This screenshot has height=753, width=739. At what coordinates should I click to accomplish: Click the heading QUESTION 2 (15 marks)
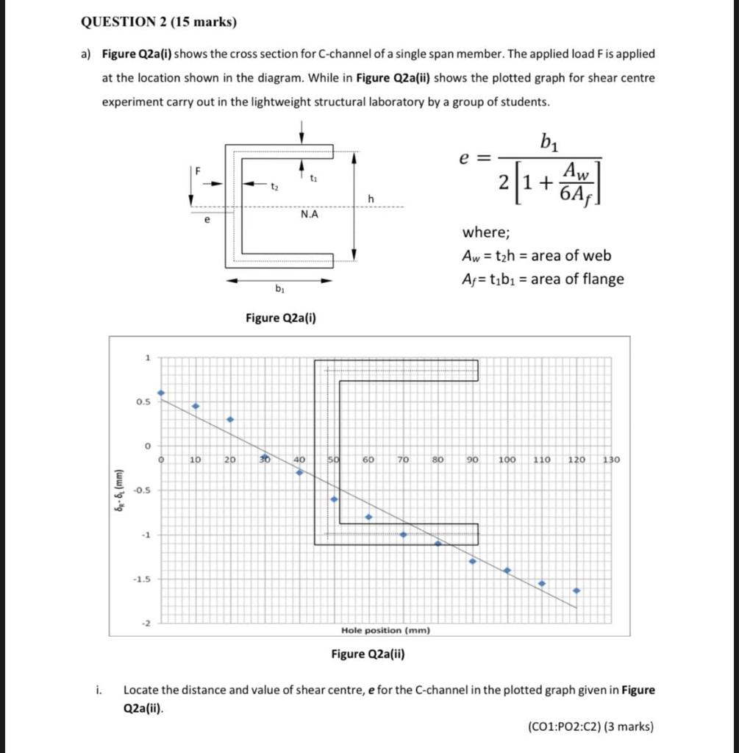pos(158,21)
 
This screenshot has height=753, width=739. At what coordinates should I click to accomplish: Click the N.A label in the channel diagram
pos(309,215)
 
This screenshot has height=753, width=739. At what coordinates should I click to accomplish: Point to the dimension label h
pos(372,199)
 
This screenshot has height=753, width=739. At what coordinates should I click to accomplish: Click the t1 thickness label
pos(314,177)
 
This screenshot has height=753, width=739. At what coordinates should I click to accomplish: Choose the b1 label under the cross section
pos(279,289)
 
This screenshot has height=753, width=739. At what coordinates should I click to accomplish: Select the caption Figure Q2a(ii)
pos(368,654)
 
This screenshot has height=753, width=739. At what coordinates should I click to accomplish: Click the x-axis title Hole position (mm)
pos(385,630)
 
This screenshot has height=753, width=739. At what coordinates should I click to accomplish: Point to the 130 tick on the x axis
pos(611,460)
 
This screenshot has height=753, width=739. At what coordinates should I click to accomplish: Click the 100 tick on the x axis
pos(507,460)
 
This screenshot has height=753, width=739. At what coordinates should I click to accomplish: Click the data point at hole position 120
pos(576,590)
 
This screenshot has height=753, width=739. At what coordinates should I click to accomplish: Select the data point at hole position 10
pos(196,406)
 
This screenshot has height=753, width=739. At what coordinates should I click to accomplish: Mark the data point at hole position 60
pos(368,517)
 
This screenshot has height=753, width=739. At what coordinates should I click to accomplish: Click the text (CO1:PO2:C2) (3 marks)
pos(590,727)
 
